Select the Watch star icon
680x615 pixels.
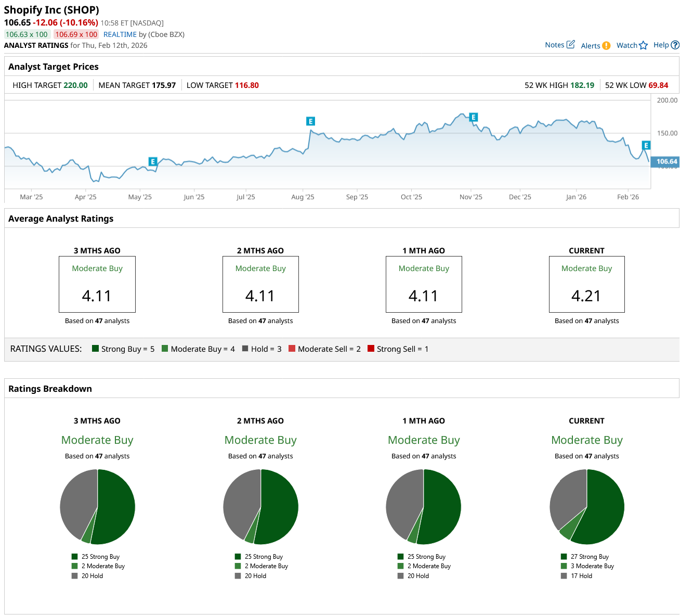[644, 45]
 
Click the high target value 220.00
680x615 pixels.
[75, 85]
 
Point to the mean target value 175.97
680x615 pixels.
[163, 85]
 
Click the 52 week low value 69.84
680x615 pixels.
[658, 85]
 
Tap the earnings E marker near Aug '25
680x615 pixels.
[310, 121]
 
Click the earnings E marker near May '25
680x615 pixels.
[152, 161]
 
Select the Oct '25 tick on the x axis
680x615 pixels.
[411, 197]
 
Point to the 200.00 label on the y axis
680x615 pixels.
[667, 100]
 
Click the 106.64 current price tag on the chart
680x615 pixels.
[665, 162]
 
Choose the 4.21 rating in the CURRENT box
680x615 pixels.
[586, 296]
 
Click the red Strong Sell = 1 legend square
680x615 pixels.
[371, 349]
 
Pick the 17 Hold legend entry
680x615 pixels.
[581, 576]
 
